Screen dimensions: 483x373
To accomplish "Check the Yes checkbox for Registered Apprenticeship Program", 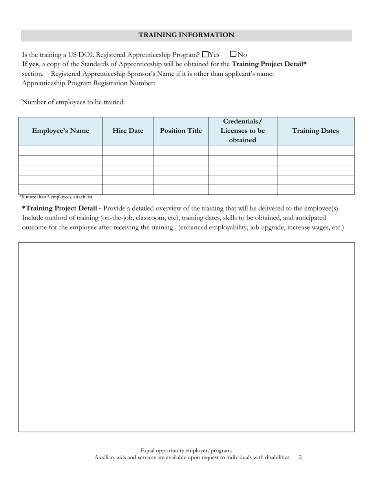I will tap(205, 54).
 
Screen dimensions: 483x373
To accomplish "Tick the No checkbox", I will tap(233, 54).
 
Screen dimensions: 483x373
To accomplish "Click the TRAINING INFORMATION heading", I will tap(186, 35).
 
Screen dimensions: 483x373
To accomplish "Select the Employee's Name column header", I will tap(60, 131).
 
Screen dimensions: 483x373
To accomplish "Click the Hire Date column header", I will tap(128, 131).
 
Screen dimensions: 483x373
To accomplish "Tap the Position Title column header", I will tap(181, 131).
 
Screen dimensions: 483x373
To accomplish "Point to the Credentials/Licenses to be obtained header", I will tap(243, 131).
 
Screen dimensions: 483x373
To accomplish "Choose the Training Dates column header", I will tap(316, 131).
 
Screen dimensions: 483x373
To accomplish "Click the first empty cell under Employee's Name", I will tap(60, 151).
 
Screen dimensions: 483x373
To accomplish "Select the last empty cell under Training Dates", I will tap(316, 190).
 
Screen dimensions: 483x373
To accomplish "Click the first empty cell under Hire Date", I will tap(128, 151).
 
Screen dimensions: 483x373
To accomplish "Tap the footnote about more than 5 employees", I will tap(56, 197).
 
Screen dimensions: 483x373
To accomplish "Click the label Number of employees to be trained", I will tap(73, 102).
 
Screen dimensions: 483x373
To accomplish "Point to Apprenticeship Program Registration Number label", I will tap(88, 83).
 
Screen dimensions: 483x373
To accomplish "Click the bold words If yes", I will tap(30, 64).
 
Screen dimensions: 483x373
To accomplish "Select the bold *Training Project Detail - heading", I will tap(62, 209).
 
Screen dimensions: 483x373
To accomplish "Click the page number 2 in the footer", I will tap(300, 457).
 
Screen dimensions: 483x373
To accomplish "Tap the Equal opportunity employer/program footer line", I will tap(186, 450).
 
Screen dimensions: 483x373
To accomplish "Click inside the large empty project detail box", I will tap(186, 337).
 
